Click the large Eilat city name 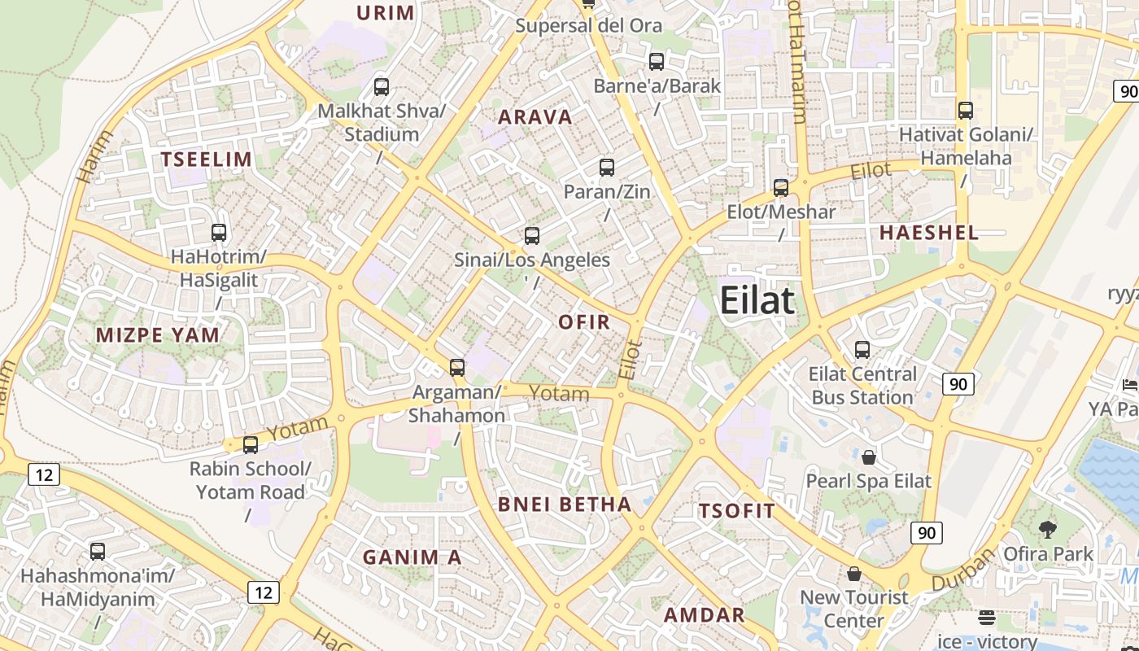click(757, 301)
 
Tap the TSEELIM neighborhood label click(207, 159)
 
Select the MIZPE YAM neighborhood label click(158, 335)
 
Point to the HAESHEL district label click(929, 233)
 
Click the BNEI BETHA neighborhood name click(565, 505)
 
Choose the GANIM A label click(412, 557)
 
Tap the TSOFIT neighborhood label click(737, 512)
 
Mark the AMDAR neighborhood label click(705, 615)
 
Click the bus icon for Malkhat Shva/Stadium click(382, 86)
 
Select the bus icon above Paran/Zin click(607, 168)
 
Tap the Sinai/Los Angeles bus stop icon click(532, 236)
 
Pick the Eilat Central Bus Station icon click(862, 350)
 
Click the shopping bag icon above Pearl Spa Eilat click(869, 457)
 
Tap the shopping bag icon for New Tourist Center click(854, 574)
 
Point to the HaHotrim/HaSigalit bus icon click(219, 233)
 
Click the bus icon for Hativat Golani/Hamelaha click(966, 110)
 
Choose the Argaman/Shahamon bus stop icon click(457, 368)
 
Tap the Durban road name click(963, 570)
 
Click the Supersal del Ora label click(589, 26)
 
